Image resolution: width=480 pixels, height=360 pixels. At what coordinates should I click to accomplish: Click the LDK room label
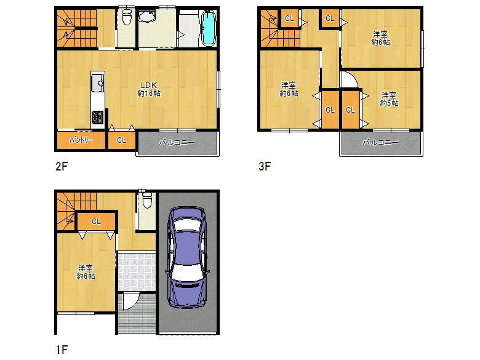pyautogui.click(x=149, y=89)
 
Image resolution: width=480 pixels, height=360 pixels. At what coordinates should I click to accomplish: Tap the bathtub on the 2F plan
pyautogui.click(x=209, y=28)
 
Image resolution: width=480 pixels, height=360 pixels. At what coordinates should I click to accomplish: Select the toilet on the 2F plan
pyautogui.click(x=126, y=17)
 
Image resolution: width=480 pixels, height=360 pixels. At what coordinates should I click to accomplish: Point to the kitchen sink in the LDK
pyautogui.click(x=98, y=82)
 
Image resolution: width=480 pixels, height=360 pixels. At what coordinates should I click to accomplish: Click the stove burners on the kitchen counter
pyautogui.click(x=98, y=118)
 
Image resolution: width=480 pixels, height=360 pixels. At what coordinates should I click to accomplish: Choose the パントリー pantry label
pyautogui.click(x=81, y=140)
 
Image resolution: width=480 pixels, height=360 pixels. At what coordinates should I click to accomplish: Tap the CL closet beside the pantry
pyautogui.click(x=121, y=140)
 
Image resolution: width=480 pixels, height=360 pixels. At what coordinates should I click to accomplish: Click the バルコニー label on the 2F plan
pyautogui.click(x=177, y=142)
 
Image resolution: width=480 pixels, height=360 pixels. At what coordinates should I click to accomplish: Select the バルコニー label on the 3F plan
pyautogui.click(x=380, y=142)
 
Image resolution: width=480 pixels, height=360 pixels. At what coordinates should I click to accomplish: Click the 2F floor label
pyautogui.click(x=62, y=166)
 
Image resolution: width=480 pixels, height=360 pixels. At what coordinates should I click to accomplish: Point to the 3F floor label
pyautogui.click(x=265, y=166)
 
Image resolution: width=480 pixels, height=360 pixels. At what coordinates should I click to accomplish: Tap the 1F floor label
pyautogui.click(x=62, y=350)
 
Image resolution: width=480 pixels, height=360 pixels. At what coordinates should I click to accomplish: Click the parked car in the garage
pyautogui.click(x=187, y=257)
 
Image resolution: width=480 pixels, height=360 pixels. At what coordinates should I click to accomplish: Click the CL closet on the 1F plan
pyautogui.click(x=96, y=221)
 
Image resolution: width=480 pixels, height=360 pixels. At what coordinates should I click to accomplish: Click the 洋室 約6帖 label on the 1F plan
pyautogui.click(x=86, y=272)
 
